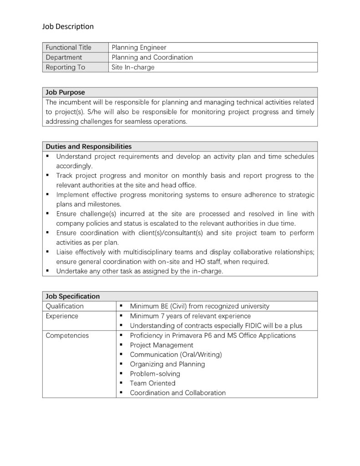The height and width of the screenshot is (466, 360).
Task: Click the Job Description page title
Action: click(x=68, y=26)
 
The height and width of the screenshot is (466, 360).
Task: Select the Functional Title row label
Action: click(x=68, y=47)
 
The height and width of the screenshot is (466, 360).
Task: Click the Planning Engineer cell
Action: click(x=139, y=47)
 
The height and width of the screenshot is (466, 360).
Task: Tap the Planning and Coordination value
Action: click(x=152, y=57)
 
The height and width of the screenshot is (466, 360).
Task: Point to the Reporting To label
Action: click(x=66, y=67)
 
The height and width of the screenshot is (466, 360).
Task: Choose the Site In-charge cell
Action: click(x=133, y=67)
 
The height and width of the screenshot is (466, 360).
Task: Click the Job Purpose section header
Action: click(x=65, y=92)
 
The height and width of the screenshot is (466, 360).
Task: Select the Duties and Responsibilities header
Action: click(x=89, y=147)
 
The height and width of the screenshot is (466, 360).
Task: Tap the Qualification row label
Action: click(x=65, y=306)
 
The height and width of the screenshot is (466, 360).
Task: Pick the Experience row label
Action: click(x=62, y=316)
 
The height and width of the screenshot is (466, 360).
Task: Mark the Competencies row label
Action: click(x=67, y=335)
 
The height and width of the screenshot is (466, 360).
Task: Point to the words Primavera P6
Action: click(x=187, y=335)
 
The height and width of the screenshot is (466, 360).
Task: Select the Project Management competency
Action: click(x=162, y=345)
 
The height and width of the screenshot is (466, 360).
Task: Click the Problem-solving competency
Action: click(x=155, y=374)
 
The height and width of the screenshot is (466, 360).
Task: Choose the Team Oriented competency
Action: click(x=152, y=383)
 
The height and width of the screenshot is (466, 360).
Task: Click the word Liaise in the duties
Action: click(x=66, y=252)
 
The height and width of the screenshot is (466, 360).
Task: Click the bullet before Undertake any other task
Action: click(x=47, y=271)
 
